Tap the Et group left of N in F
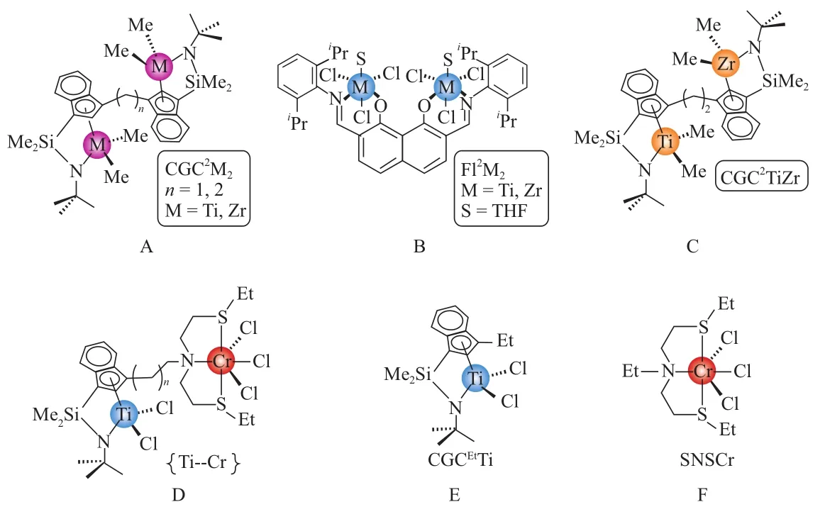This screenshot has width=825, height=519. click(x=614, y=370)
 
